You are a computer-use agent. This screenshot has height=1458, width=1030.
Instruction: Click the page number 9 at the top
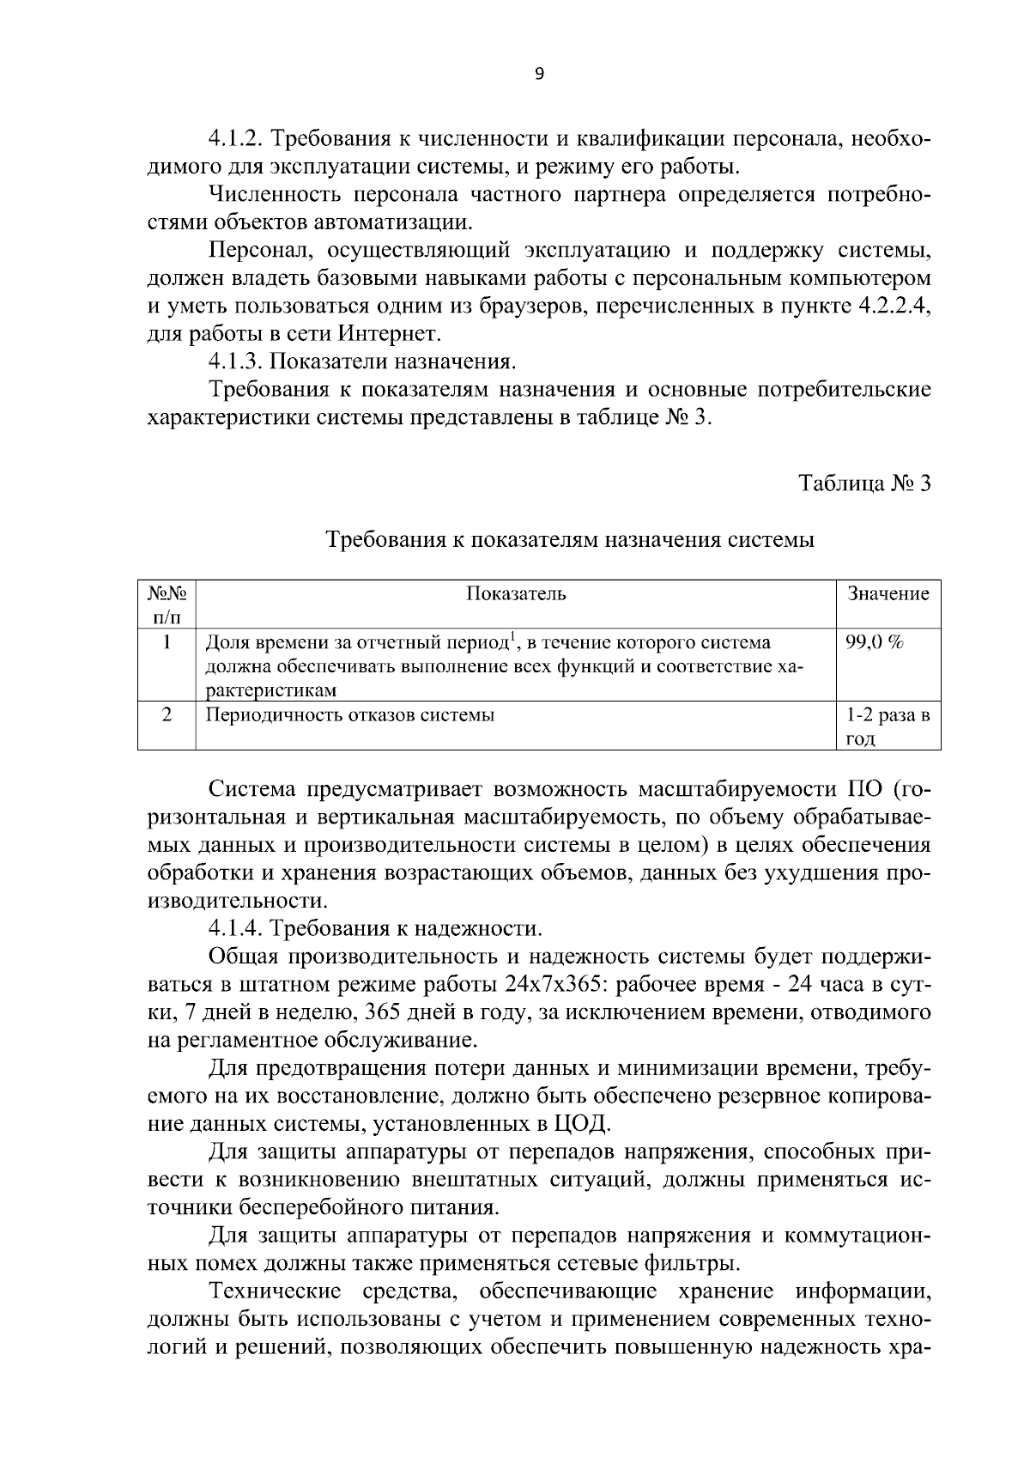pyautogui.click(x=539, y=75)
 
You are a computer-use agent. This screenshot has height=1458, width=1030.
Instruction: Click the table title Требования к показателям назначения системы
pyautogui.click(x=570, y=540)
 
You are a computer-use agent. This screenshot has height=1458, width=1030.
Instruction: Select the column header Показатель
pyautogui.click(x=516, y=594)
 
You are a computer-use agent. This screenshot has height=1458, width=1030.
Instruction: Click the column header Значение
pyautogui.click(x=888, y=594)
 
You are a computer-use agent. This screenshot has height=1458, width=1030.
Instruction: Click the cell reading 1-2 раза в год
pyautogui.click(x=888, y=726)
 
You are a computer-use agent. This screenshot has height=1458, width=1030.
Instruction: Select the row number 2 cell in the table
pyautogui.click(x=167, y=715)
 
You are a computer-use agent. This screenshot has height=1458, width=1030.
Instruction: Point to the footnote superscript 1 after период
pyautogui.click(x=512, y=636)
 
